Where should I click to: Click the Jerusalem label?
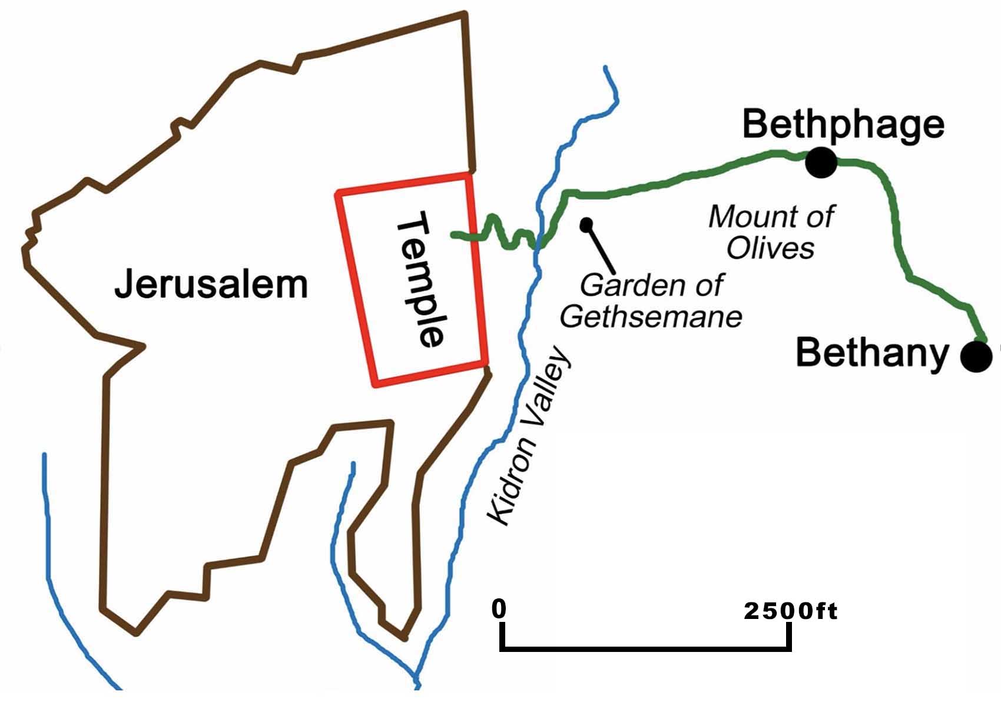click(x=211, y=284)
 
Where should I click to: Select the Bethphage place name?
click(x=843, y=124)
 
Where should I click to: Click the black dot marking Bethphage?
click(x=821, y=162)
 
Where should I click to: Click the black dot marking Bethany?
click(x=976, y=356)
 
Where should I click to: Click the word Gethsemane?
click(x=651, y=317)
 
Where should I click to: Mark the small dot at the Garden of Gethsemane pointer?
click(x=586, y=224)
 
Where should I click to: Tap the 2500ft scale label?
click(x=790, y=611)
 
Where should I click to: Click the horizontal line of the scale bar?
click(x=645, y=650)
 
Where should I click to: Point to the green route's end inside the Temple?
click(x=453, y=236)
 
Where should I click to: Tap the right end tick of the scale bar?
click(x=788, y=636)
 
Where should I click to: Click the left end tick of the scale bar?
click(x=502, y=636)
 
